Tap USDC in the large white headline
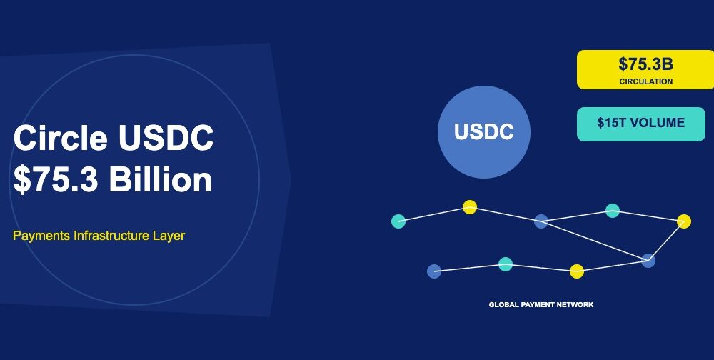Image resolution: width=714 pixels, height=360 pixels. pyautogui.click(x=166, y=138)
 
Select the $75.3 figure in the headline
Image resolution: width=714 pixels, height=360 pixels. pyautogui.click(x=56, y=180)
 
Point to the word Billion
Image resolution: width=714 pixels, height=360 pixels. pyautogui.click(x=161, y=180)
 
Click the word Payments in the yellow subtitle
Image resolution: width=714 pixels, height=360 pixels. pyautogui.click(x=41, y=236)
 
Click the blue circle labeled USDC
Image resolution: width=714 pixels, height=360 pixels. pyautogui.click(x=484, y=132)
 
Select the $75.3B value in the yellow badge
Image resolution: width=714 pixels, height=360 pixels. pyautogui.click(x=645, y=64)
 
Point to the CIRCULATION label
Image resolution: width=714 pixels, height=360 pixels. pyautogui.click(x=645, y=81)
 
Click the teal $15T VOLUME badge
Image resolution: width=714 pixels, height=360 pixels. pyautogui.click(x=640, y=124)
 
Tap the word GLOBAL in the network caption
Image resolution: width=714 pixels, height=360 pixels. pyautogui.click(x=503, y=305)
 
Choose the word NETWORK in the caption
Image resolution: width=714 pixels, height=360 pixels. pyautogui.click(x=577, y=305)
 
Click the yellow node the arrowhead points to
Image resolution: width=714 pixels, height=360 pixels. pyautogui.click(x=684, y=221)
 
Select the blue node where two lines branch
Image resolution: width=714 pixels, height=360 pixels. pyautogui.click(x=541, y=221)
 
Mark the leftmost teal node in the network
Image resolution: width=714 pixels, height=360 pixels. pyautogui.click(x=398, y=221)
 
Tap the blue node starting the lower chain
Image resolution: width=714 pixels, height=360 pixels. pyautogui.click(x=434, y=271)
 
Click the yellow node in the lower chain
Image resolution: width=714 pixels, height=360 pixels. pyautogui.click(x=577, y=271)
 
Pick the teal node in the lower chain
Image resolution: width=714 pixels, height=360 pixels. pyautogui.click(x=506, y=264)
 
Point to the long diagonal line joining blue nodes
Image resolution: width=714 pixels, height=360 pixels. pyautogui.click(x=595, y=241)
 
